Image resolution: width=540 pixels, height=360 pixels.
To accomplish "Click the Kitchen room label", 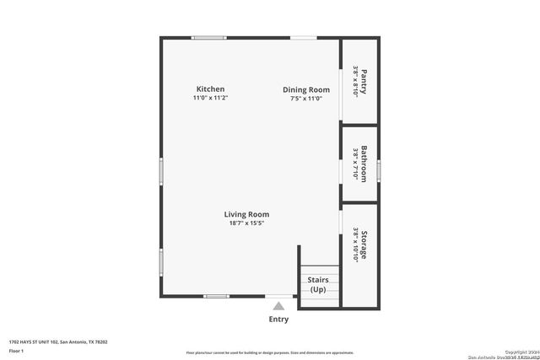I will point(210,89).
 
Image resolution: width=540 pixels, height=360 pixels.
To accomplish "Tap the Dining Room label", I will point(305,89).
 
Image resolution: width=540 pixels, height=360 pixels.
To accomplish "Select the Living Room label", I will point(246,214).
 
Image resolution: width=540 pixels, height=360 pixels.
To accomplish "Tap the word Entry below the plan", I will point(278,320).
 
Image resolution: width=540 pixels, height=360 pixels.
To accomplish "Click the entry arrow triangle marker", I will point(278,305).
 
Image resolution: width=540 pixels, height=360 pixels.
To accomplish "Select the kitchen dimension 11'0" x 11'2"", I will point(210,99).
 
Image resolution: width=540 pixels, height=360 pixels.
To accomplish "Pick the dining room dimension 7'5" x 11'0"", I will point(305,99).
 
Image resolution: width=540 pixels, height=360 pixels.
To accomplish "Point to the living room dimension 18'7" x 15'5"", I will point(246,223).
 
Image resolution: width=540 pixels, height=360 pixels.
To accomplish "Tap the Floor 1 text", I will point(16,350).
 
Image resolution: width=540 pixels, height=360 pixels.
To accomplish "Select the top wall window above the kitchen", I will point(208,37).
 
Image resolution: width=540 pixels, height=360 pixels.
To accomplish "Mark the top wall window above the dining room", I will point(304,37).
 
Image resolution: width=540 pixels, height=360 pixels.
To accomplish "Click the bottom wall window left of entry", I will point(216,296).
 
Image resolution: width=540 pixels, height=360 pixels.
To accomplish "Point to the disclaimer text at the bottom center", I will point(270,352).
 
